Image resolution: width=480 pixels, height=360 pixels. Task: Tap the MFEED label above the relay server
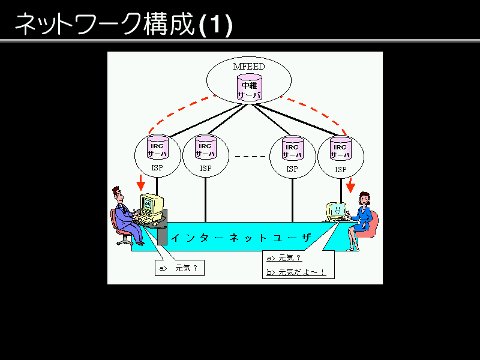(x=249, y=67)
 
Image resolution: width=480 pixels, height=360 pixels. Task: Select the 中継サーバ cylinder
(x=249, y=89)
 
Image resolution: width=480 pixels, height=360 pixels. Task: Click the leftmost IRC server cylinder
(x=158, y=149)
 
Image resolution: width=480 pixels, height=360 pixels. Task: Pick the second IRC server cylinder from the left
(x=205, y=149)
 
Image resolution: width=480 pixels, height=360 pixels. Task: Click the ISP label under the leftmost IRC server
(x=157, y=169)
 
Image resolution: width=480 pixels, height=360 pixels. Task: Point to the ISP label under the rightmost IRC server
(x=341, y=169)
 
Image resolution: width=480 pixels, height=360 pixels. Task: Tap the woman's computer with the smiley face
(x=336, y=211)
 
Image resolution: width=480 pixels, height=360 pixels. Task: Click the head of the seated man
(x=118, y=196)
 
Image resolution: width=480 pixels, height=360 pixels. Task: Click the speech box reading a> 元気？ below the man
(x=179, y=268)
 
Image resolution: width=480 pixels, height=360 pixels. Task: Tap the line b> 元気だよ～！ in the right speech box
(x=296, y=272)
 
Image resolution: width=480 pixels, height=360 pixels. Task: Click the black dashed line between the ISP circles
(x=248, y=157)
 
